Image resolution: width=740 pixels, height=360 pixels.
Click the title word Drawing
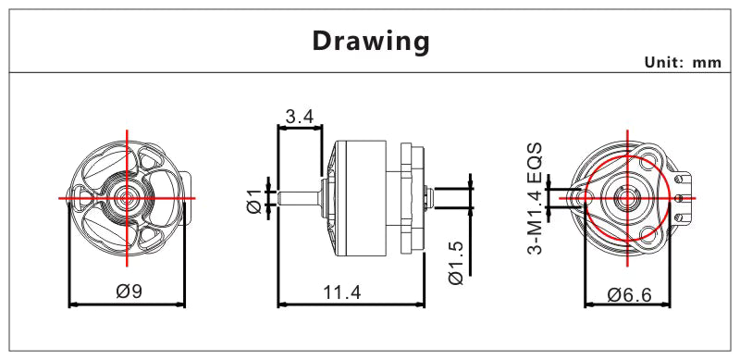370,42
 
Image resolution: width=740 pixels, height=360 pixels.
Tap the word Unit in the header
660,63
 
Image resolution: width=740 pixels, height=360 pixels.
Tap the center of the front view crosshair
128,197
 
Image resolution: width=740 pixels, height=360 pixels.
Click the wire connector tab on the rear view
685,196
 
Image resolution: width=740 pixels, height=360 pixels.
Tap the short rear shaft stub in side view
426,196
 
